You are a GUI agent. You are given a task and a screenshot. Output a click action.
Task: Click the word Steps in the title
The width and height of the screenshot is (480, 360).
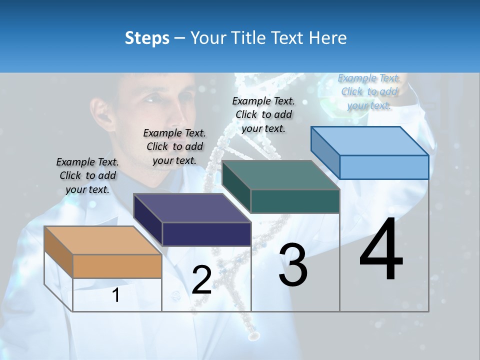tap(147, 38)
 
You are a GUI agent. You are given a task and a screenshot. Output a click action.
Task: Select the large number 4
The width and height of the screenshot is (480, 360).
tap(381, 249)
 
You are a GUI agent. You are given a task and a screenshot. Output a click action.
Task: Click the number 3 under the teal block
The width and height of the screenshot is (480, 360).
tap(293, 265)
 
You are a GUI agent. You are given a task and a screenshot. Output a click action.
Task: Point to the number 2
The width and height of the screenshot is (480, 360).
tap(201, 280)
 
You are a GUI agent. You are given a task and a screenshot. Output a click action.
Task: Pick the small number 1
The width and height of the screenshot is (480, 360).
tap(116, 295)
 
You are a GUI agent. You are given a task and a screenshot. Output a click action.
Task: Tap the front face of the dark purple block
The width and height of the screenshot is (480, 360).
tap(206, 234)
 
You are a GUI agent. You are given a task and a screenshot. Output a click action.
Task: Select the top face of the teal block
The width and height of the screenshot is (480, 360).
tap(280, 175)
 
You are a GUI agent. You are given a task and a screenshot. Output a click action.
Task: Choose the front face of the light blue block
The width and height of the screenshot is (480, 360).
tap(383, 167)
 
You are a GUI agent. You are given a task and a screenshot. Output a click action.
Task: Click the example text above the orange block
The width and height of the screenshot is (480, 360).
tap(87, 175)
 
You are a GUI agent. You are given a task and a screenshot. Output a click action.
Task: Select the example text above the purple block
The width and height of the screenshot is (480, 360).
tap(174, 146)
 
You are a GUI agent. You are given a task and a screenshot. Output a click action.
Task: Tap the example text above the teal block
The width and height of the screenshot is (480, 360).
tap(263, 114)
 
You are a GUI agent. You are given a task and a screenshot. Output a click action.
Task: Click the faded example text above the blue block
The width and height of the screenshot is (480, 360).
tap(369, 91)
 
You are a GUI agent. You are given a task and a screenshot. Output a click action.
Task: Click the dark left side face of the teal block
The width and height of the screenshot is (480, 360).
tap(236, 187)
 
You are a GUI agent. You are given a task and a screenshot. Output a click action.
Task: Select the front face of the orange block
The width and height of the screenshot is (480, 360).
tap(117, 266)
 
